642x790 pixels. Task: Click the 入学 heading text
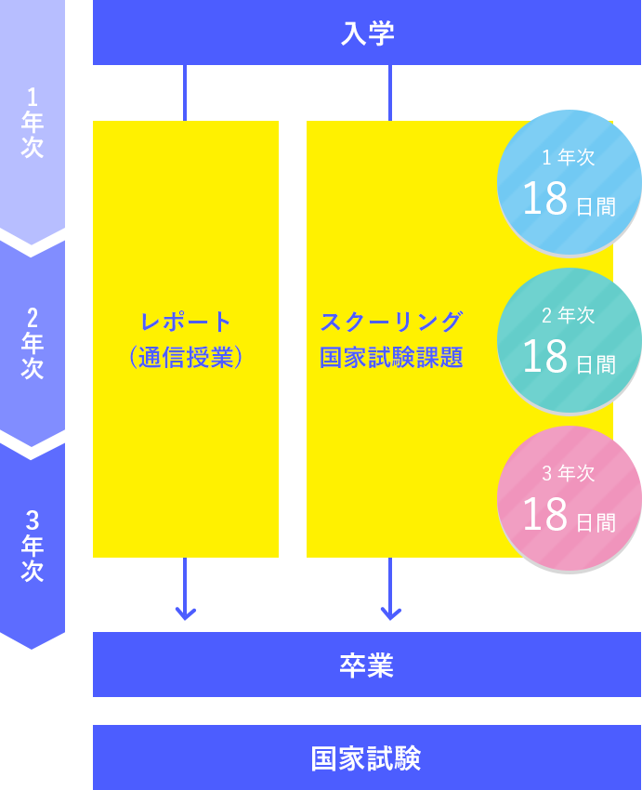367,33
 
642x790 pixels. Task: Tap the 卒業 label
367,665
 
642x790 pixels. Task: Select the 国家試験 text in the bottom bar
366,758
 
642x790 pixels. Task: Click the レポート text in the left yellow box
186,322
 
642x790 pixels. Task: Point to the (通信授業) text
186,358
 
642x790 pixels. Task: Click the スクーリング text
391,322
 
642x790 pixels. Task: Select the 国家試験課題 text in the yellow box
391,358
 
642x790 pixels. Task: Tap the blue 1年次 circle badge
569,182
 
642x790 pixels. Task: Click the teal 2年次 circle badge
569,340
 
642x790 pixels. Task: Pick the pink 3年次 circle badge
569,498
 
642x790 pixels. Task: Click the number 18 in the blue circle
545,199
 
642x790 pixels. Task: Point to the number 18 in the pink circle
545,514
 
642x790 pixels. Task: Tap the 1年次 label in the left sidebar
33,123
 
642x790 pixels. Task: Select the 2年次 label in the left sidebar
33,343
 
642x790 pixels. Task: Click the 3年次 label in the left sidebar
33,546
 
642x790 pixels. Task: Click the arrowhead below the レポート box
185,613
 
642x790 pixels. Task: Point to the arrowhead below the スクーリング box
391,613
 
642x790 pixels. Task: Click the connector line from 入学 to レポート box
185,93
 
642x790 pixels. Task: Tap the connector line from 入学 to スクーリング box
390,93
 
